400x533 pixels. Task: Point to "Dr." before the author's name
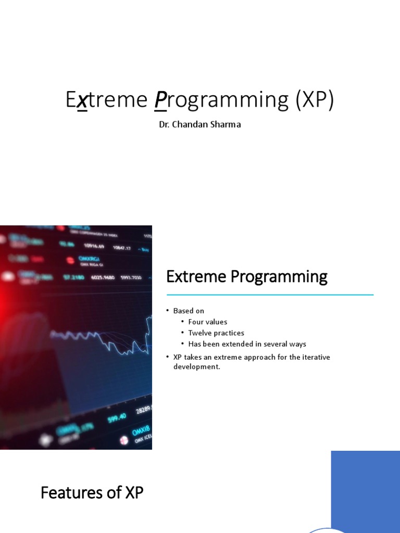pyautogui.click(x=165, y=125)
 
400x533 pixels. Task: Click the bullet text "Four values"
pyautogui.click(x=208, y=322)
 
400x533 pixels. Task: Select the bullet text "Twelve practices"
pyautogui.click(x=216, y=333)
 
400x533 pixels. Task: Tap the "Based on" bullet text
pyautogui.click(x=189, y=311)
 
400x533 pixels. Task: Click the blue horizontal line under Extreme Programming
pyautogui.click(x=270, y=295)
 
